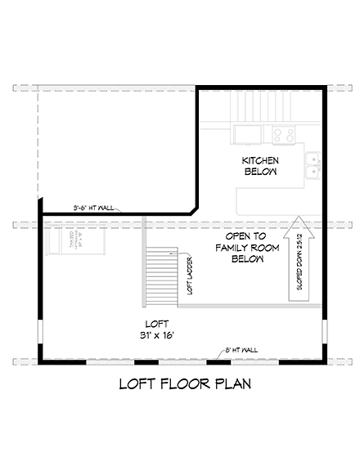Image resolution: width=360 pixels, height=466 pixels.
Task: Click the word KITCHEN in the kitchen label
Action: coord(260,159)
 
